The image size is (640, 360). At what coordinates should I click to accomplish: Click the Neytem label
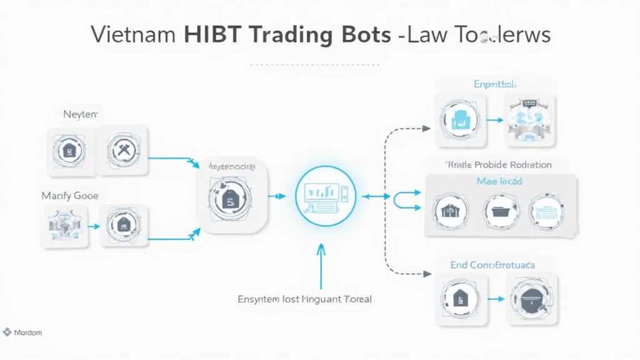click(81, 114)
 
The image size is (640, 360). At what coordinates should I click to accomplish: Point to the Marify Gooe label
click(70, 196)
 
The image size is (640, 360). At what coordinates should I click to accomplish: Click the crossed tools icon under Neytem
click(122, 150)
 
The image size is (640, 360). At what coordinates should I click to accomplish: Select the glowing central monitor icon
click(325, 196)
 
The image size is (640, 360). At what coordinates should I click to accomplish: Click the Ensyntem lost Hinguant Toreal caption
click(304, 299)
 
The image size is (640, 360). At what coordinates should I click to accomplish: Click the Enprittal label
click(494, 84)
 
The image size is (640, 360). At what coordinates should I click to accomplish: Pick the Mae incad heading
click(499, 181)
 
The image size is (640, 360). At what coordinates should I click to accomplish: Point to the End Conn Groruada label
click(492, 265)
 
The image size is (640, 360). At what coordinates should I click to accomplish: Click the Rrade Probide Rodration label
click(498, 165)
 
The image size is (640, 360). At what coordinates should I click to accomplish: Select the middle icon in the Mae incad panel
click(501, 211)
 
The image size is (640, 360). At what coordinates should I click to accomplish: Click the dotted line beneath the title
click(314, 64)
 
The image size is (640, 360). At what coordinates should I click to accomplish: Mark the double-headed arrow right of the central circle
click(376, 196)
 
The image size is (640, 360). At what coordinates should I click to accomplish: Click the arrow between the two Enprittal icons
click(494, 120)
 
